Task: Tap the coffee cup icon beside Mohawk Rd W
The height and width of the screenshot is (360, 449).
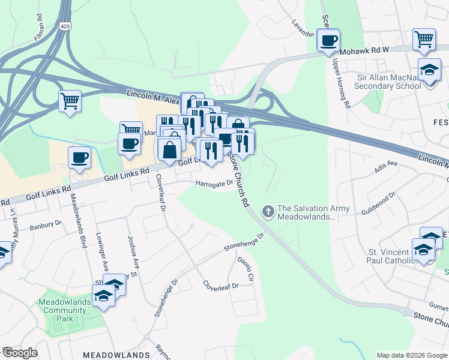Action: [x=328, y=41]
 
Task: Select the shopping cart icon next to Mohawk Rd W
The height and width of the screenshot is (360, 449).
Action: [x=424, y=40]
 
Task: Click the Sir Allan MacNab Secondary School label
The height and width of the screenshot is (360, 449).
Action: [x=388, y=82]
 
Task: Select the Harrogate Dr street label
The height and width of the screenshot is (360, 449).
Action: [x=212, y=184]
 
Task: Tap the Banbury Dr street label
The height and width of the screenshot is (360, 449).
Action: [x=46, y=224]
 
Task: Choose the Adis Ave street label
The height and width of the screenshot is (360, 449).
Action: [x=386, y=166]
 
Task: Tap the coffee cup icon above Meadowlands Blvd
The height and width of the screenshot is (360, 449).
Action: [x=79, y=158]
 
